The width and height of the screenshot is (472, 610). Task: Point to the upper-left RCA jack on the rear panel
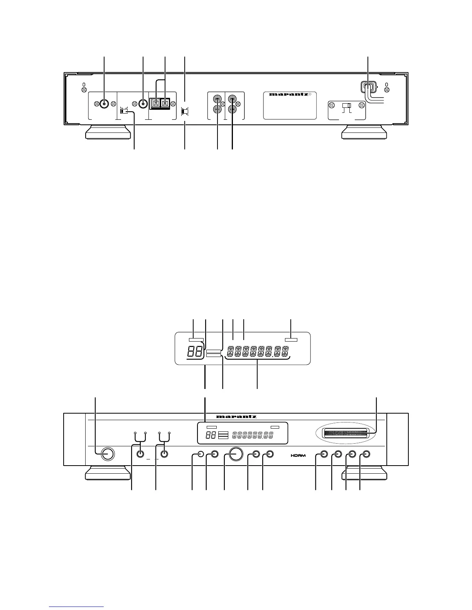tap(217, 99)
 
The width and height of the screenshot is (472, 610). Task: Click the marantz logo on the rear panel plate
tap(288, 94)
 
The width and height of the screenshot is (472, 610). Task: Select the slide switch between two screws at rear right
tap(346, 106)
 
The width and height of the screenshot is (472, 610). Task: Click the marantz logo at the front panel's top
tap(236, 416)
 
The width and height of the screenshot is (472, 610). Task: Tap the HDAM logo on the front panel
tap(298, 455)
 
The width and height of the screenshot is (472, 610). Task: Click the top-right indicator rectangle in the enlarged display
tap(291, 340)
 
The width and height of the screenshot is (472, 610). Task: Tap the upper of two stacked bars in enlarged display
tap(214, 352)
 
